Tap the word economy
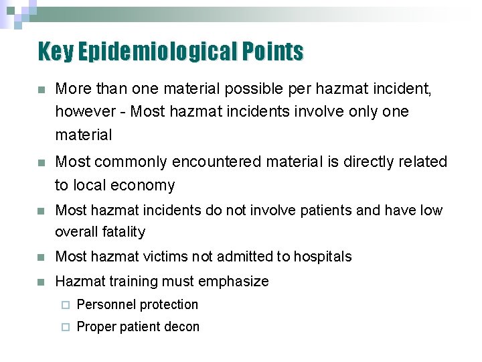click(143, 186)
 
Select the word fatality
click(123, 232)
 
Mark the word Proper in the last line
click(96, 327)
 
